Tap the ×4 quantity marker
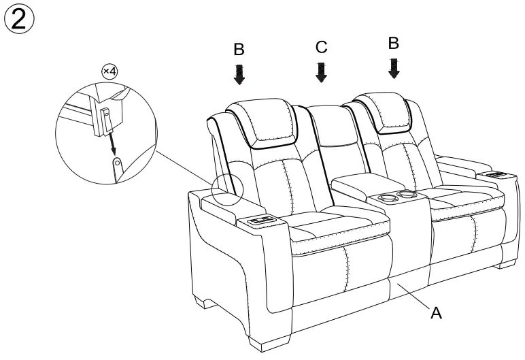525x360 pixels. (109, 71)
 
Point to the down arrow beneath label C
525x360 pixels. (322, 71)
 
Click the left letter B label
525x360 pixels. (239, 50)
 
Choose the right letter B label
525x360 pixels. (393, 43)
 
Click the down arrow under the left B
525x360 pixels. (239, 74)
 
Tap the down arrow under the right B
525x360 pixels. (394, 68)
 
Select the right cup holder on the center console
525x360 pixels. (408, 196)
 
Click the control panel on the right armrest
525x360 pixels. (494, 174)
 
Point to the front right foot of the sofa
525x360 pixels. (507, 261)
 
